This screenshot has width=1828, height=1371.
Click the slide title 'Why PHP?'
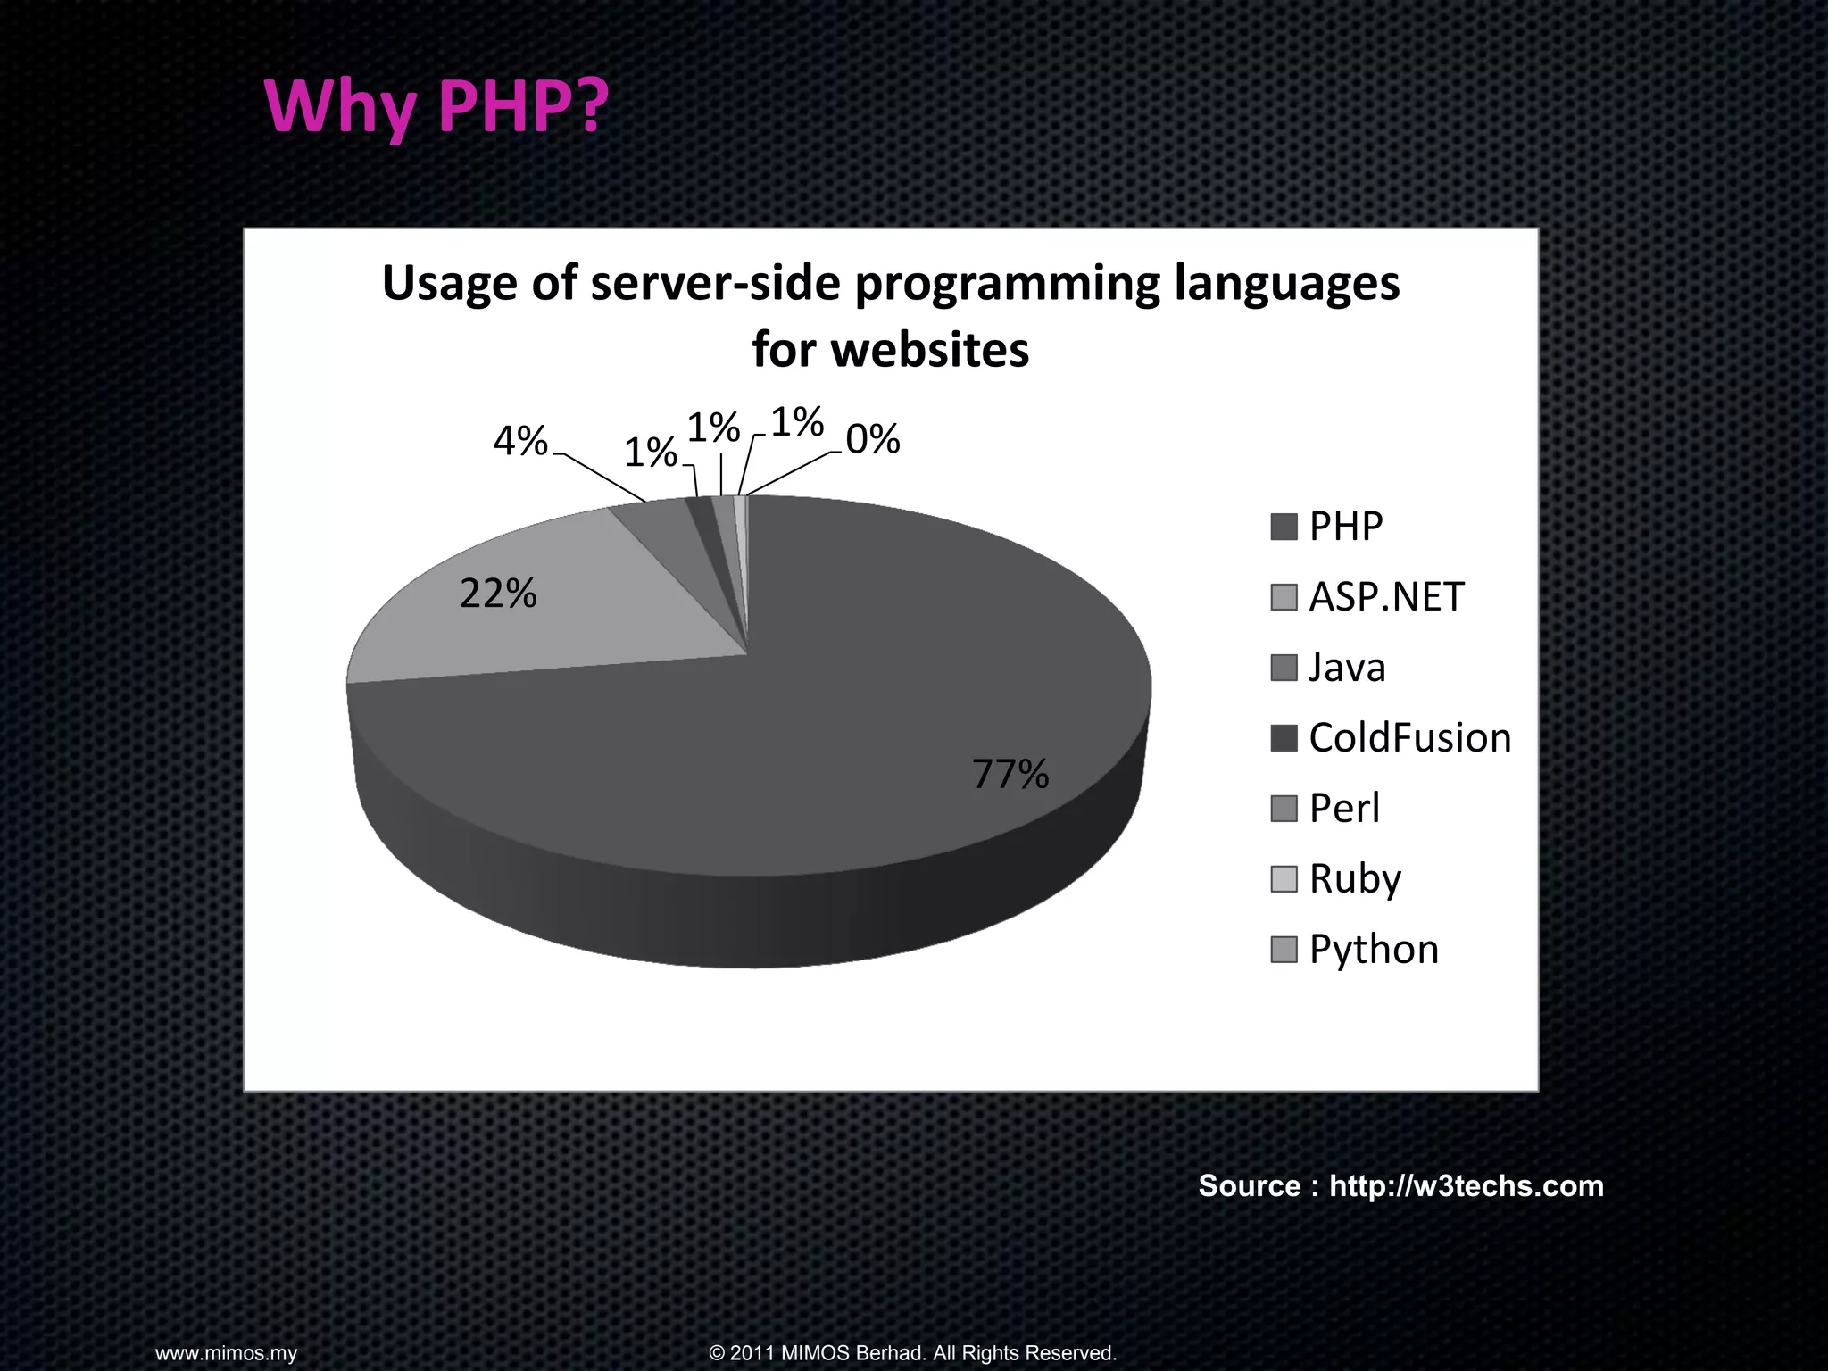point(436,106)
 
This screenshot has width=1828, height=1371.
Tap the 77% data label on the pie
point(1010,774)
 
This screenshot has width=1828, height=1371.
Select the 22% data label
point(498,594)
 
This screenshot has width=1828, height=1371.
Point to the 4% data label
point(520,441)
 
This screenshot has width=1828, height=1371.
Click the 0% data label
point(872,439)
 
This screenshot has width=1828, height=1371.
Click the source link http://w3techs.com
point(1466,1185)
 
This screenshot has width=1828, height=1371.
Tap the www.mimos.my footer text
point(226,1353)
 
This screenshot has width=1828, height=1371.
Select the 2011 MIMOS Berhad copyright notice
point(912,1353)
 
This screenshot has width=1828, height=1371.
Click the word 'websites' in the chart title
point(929,350)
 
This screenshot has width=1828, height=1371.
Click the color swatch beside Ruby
point(1283,879)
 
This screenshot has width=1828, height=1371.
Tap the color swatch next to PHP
point(1283,527)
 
